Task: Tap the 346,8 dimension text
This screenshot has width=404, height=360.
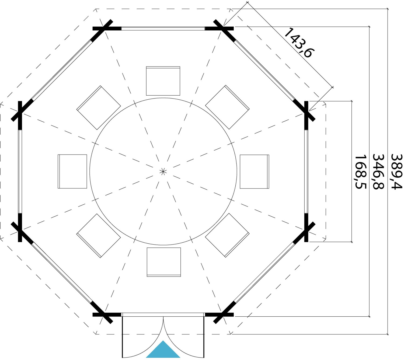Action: [378, 172]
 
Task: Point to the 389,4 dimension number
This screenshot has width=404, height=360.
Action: [396, 172]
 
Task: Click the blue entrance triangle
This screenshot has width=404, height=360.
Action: [163, 351]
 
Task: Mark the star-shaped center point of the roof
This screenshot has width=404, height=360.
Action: [163, 172]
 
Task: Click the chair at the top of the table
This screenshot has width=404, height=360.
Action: [163, 81]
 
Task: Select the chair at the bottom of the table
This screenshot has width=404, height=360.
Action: [164, 262]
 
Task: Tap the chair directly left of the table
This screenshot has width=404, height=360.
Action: [72, 171]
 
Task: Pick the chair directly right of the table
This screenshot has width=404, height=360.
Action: [254, 172]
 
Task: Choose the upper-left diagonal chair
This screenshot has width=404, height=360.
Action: [99, 108]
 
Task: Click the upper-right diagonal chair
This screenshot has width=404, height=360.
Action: [227, 107]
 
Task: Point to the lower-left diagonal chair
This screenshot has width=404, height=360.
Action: [99, 236]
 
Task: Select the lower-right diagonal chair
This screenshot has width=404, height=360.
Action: [227, 235]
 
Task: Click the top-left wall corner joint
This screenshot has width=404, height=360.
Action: [103, 29]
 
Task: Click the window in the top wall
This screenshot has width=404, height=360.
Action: [163, 28]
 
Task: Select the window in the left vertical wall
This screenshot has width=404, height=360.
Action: [20, 172]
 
